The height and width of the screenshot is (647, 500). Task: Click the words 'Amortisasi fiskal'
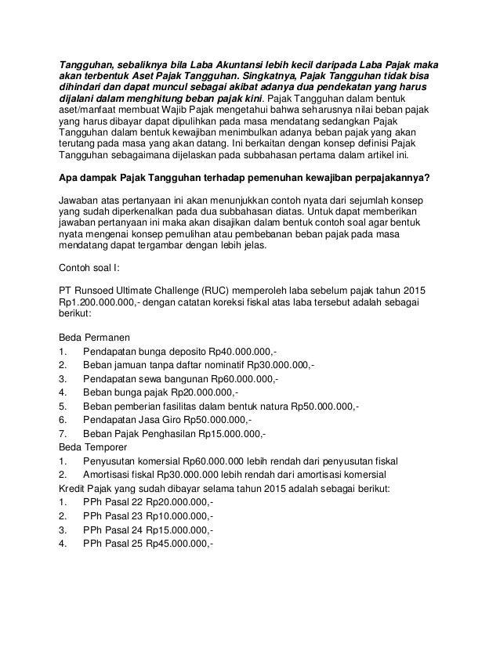pyautogui.click(x=120, y=476)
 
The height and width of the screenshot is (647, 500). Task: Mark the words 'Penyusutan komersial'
pyautogui.click(x=132, y=462)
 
